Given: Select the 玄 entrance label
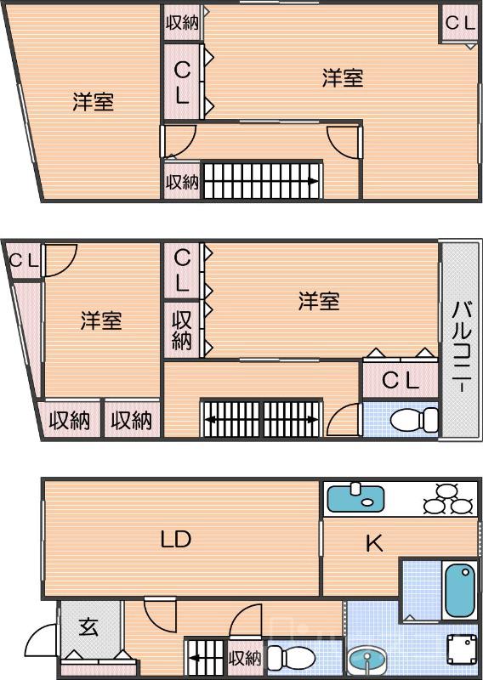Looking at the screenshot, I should (89, 629).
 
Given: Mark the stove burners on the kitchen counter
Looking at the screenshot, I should (448, 499).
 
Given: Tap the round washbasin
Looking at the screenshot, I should (367, 659).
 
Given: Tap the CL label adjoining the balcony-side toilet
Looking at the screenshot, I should (400, 381).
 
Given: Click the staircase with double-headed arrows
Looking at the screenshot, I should (261, 418).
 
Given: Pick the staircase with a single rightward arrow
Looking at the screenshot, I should (260, 181).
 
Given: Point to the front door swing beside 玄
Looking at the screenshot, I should (41, 642).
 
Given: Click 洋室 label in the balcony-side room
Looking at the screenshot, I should (319, 301).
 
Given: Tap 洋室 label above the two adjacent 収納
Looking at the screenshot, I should (101, 321).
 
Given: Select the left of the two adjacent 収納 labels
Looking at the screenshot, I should (69, 420).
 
